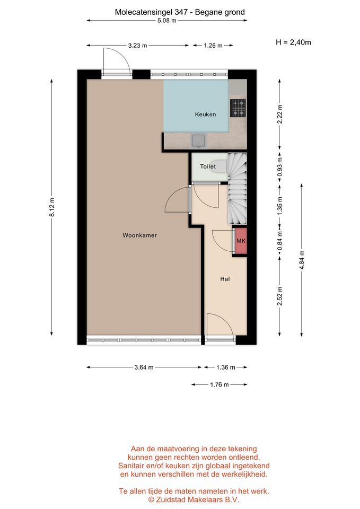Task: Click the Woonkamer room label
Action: pyautogui.click(x=139, y=235)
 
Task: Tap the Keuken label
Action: pyautogui.click(x=205, y=115)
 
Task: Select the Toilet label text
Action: pyautogui.click(x=208, y=166)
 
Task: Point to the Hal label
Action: pyautogui.click(x=225, y=279)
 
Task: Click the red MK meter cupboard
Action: pyautogui.click(x=241, y=241)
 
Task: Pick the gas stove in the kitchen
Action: pyautogui.click(x=238, y=108)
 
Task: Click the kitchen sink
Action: pyautogui.click(x=198, y=141)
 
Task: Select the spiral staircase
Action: pyautogui.click(x=238, y=189)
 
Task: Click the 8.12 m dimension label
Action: pyautogui.click(x=52, y=207)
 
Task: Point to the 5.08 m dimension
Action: pyautogui.click(x=167, y=21)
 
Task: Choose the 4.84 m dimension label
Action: pyautogui.click(x=302, y=260)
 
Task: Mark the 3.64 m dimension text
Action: pyautogui.click(x=144, y=367)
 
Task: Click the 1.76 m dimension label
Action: pyautogui.click(x=219, y=385)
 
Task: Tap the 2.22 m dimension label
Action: pyautogui.click(x=280, y=115)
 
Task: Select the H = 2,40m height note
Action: pyautogui.click(x=293, y=42)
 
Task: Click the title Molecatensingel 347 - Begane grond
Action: pyautogui.click(x=180, y=12)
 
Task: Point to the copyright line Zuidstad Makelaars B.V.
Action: pyautogui.click(x=194, y=499)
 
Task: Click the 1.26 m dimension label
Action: pyautogui.click(x=213, y=46)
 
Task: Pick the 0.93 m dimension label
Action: pyautogui.click(x=280, y=167)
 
